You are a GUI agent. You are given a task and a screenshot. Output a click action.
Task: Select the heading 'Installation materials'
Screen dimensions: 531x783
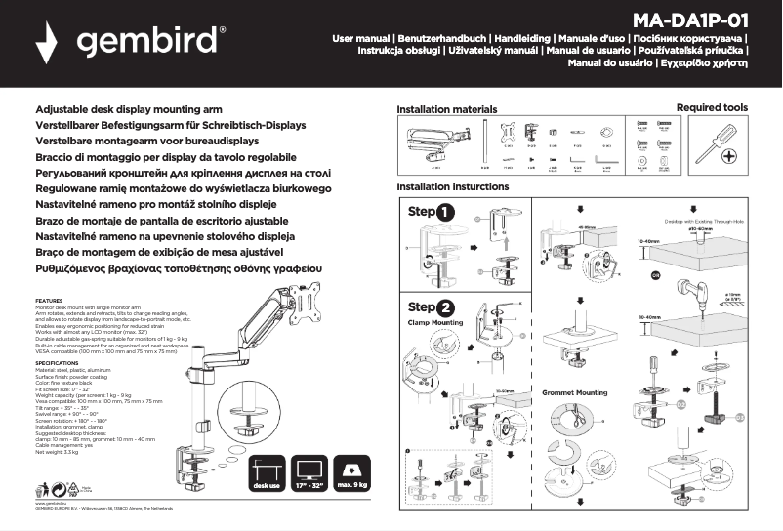pos(447,109)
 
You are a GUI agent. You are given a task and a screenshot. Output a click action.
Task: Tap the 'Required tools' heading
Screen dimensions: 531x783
pos(712,108)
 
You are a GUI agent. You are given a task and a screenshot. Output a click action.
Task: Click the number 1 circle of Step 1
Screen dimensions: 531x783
pos(445,211)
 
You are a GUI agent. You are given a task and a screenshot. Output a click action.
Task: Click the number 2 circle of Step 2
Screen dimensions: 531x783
pos(445,306)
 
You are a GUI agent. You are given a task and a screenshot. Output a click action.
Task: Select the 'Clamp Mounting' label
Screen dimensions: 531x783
pos(435,321)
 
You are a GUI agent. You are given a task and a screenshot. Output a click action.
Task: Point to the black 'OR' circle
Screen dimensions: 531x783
pos(656,275)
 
